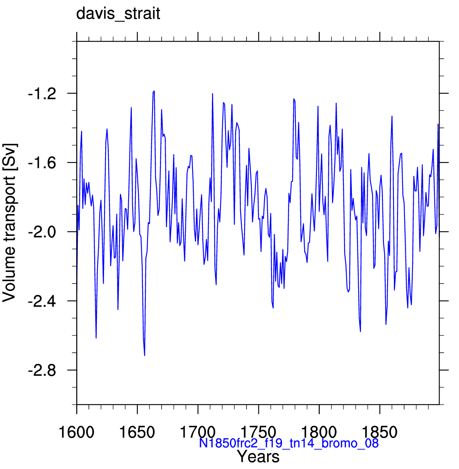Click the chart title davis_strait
(x=118, y=14)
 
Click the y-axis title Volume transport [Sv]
(x=9, y=223)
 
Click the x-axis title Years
(x=258, y=456)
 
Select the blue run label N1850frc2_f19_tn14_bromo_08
(x=289, y=443)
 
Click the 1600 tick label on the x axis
(x=77, y=432)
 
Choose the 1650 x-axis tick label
(x=137, y=432)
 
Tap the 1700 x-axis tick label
(x=198, y=432)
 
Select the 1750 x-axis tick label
(x=258, y=432)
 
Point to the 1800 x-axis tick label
(x=319, y=432)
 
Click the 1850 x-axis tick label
(x=380, y=432)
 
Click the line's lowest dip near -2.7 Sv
(x=145, y=355)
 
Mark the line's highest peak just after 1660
(x=154, y=91)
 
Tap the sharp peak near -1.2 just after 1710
(x=212, y=94)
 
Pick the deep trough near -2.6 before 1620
(x=96, y=338)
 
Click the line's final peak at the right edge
(x=438, y=124)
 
